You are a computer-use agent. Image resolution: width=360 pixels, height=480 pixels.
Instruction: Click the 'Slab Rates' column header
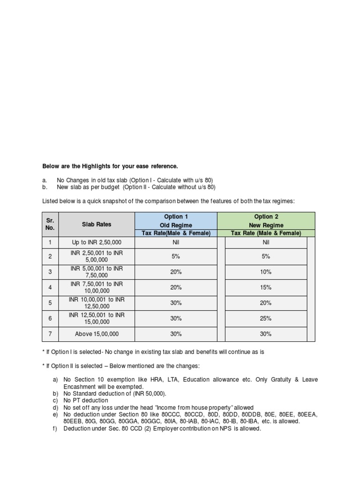pyautogui.click(x=97, y=224)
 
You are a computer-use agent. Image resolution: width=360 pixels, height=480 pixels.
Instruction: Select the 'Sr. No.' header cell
pyautogui.click(x=50, y=224)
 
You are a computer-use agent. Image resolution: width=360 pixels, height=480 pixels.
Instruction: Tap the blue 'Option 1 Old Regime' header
pyautogui.click(x=176, y=221)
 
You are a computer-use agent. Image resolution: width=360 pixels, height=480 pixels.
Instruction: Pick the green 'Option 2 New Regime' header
pyautogui.click(x=266, y=221)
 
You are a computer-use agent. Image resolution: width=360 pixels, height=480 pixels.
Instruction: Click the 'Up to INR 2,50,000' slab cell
pyautogui.click(x=97, y=242)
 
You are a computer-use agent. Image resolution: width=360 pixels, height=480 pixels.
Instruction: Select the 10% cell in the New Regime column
pyautogui.click(x=266, y=272)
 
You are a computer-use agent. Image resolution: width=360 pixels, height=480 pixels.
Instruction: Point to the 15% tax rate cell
pyautogui.click(x=266, y=287)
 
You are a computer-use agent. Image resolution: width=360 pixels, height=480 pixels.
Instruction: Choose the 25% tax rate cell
pyautogui.click(x=266, y=318)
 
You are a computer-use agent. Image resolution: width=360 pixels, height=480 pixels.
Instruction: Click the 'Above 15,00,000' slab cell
pyautogui.click(x=97, y=334)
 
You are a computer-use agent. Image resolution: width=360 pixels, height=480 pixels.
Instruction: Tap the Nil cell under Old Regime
pyautogui.click(x=176, y=242)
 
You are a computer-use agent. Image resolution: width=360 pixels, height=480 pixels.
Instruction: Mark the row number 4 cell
pyautogui.click(x=50, y=287)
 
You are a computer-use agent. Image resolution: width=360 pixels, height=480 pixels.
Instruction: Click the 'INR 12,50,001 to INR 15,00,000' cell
pyautogui.click(x=97, y=318)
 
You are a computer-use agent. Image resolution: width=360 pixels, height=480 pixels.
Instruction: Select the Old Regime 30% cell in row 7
pyautogui.click(x=176, y=334)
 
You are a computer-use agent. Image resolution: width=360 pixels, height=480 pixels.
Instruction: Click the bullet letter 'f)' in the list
pyautogui.click(x=55, y=428)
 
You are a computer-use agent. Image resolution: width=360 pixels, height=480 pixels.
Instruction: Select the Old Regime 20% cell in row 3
pyautogui.click(x=176, y=272)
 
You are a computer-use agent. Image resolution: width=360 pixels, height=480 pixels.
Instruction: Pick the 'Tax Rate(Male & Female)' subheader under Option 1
pyautogui.click(x=176, y=233)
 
